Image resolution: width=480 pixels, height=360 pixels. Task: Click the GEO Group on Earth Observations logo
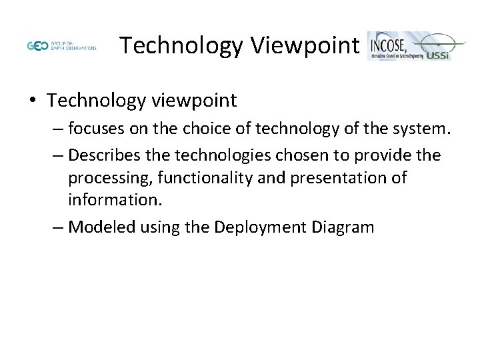(61, 47)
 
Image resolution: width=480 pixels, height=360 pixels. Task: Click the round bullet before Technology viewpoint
(33, 101)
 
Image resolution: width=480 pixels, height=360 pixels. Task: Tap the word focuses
(97, 128)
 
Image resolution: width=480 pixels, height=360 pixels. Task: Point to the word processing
(102, 179)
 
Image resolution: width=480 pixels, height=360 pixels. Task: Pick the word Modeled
(99, 227)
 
